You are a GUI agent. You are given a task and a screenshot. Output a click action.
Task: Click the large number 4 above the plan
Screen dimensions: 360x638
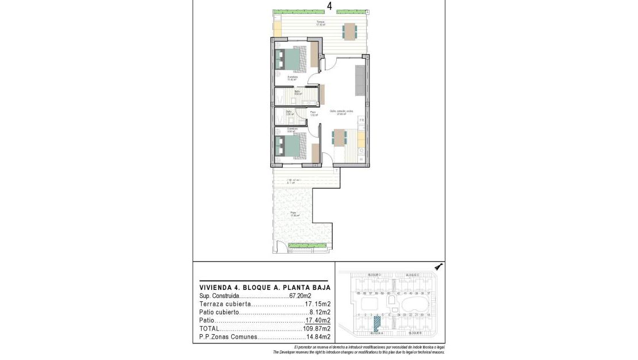[329, 6]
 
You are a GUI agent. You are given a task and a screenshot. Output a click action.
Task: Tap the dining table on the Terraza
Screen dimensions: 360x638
[349, 30]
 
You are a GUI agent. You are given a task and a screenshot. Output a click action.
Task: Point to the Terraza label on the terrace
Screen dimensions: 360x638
[320, 22]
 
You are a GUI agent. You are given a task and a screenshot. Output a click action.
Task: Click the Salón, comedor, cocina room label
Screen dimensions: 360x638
[341, 112]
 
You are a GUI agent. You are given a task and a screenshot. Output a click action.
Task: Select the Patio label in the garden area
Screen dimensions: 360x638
[293, 213]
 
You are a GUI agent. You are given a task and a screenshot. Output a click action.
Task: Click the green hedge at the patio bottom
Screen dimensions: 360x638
[299, 246]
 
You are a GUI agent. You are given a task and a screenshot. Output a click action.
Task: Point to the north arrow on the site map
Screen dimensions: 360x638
[438, 267]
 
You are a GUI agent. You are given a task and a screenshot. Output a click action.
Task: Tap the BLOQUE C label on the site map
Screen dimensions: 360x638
[413, 275]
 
